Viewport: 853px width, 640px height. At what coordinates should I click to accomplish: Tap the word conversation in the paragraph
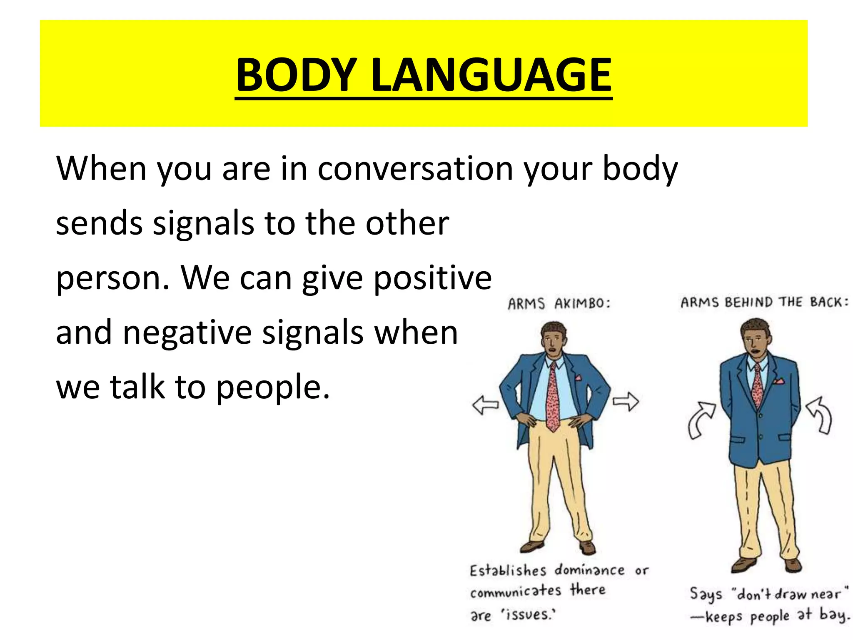(415, 169)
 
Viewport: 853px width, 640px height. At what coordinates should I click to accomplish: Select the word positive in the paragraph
(433, 278)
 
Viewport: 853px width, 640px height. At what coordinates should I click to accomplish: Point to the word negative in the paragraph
(187, 333)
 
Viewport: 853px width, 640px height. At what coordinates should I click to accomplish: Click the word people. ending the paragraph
(273, 388)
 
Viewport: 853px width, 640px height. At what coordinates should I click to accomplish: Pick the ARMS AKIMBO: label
(559, 303)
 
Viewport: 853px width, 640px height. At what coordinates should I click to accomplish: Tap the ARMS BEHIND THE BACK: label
(764, 302)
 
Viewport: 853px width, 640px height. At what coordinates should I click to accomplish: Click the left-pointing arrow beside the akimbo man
(485, 404)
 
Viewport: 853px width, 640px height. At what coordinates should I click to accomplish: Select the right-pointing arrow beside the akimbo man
(626, 402)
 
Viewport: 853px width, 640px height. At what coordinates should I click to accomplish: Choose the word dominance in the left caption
(589, 570)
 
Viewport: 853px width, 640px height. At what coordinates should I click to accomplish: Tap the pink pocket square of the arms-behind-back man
(778, 381)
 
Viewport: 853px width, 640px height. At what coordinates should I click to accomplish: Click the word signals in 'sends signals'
(203, 223)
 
